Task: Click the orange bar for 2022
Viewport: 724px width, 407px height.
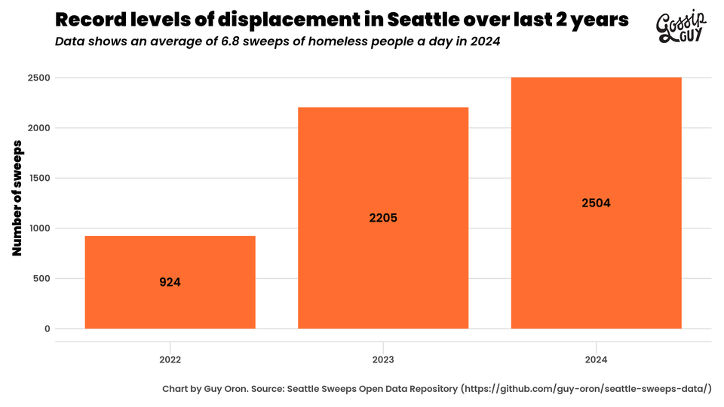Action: click(x=170, y=256)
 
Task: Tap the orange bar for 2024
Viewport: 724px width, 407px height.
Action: click(x=596, y=151)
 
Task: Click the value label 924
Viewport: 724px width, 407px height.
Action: click(x=170, y=283)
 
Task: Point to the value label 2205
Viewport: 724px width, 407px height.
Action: click(x=383, y=218)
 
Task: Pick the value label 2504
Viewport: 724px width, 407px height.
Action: click(x=596, y=203)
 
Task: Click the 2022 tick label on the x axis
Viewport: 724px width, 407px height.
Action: click(x=170, y=360)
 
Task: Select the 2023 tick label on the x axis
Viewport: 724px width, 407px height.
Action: click(x=383, y=360)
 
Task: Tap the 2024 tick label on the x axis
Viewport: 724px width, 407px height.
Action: click(x=596, y=360)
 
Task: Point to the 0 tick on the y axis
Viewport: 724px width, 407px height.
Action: click(x=47, y=329)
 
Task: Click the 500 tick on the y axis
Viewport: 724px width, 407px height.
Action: click(x=41, y=279)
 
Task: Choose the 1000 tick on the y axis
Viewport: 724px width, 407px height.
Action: click(x=39, y=228)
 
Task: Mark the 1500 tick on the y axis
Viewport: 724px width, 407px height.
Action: click(x=39, y=178)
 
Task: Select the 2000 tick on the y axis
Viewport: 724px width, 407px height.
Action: click(x=39, y=128)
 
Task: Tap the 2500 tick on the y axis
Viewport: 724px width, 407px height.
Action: click(x=39, y=78)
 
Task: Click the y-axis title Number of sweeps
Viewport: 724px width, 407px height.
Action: click(x=17, y=203)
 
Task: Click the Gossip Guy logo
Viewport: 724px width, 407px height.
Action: click(x=682, y=28)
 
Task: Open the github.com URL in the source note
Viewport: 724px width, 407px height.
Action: click(x=587, y=389)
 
